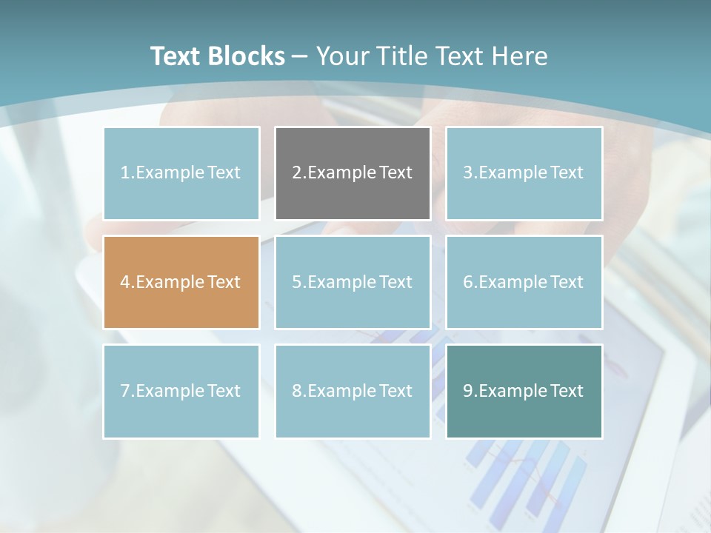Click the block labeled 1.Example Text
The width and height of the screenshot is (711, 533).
click(181, 173)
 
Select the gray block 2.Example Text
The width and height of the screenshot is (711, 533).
click(353, 173)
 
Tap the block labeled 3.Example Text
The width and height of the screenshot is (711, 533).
click(524, 173)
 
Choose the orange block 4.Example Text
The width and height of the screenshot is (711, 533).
click(181, 282)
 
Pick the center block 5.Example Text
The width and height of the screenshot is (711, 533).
click(353, 282)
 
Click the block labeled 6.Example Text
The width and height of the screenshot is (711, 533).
click(524, 282)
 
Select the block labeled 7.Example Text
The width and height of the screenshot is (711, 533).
click(181, 391)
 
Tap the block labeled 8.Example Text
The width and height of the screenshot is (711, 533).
click(353, 391)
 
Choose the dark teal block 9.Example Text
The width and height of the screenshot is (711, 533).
click(524, 391)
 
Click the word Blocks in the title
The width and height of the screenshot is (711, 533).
click(247, 56)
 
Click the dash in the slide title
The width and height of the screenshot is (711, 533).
click(300, 56)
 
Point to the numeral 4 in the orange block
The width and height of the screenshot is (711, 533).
click(125, 282)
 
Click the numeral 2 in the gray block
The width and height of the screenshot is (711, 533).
click(296, 173)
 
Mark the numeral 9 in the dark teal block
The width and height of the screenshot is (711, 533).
click(468, 391)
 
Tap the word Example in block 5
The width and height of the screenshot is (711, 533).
click(341, 282)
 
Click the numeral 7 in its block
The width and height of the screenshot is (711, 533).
click(125, 391)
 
